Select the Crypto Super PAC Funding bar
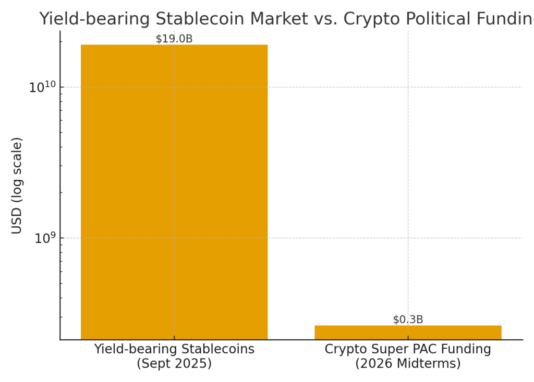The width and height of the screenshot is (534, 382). [408, 332]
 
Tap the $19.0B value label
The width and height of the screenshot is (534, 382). [174, 39]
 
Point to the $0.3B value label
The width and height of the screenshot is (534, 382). [408, 320]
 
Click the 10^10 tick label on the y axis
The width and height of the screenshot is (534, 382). [41, 87]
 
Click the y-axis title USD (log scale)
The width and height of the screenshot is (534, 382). [17, 186]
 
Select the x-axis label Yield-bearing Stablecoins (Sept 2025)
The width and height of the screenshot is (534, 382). [174, 356]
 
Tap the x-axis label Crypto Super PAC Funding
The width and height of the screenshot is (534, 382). [408, 349]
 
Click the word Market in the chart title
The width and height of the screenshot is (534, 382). [279, 19]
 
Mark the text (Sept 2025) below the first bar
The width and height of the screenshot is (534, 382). [174, 363]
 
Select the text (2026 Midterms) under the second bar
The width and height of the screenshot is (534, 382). [408, 363]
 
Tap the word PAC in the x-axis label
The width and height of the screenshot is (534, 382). [429, 349]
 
